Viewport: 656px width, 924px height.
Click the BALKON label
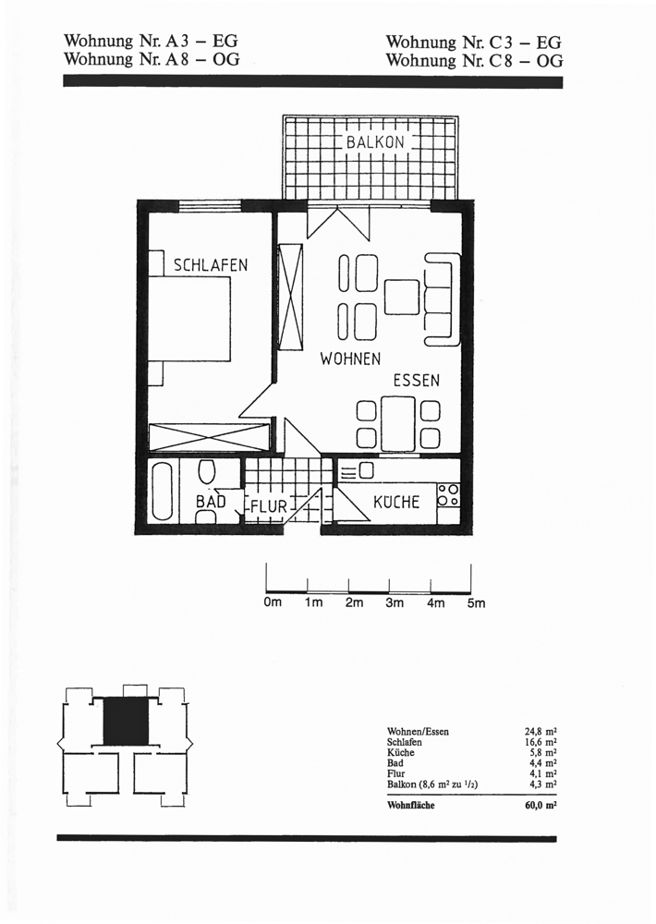[375, 142]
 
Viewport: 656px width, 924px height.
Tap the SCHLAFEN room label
[211, 265]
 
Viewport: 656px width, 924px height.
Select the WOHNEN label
[350, 359]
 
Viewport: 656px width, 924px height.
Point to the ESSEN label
[417, 380]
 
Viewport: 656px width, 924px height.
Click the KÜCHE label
[396, 502]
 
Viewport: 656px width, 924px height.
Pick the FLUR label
[269, 506]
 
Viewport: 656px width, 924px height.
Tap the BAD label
[211, 502]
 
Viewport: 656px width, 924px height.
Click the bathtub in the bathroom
[164, 492]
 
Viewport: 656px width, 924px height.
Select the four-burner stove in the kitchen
[448, 495]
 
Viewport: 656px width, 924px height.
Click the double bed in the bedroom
[188, 319]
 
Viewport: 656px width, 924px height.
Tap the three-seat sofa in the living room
[442, 298]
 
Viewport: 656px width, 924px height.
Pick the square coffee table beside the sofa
[402, 298]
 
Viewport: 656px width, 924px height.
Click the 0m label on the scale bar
[273, 602]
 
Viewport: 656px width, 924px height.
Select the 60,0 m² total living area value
[541, 805]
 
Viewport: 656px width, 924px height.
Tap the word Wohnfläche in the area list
[411, 805]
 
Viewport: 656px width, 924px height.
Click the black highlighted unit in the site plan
[127, 722]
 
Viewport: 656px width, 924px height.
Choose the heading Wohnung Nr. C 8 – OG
[474, 60]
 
